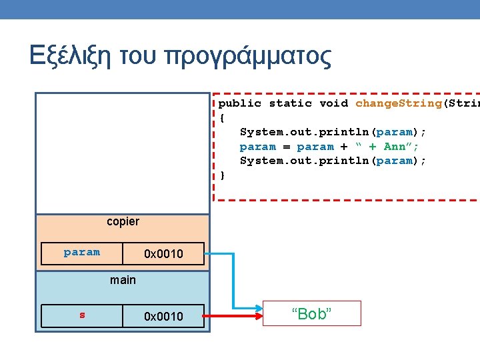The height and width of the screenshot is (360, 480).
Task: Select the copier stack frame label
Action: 123,221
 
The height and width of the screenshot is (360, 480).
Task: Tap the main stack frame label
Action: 123,280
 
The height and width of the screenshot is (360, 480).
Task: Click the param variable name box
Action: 82,253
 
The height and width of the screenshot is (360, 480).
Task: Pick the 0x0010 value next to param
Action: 163,253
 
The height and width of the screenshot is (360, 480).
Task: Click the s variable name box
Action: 82,315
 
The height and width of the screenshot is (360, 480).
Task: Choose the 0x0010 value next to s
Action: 163,315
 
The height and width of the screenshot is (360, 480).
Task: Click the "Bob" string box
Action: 311,314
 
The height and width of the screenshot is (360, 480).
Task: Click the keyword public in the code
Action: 240,103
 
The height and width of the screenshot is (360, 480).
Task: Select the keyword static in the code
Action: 291,103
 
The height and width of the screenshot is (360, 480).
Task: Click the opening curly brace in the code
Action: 223,117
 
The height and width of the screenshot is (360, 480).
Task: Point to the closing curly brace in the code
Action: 223,175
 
